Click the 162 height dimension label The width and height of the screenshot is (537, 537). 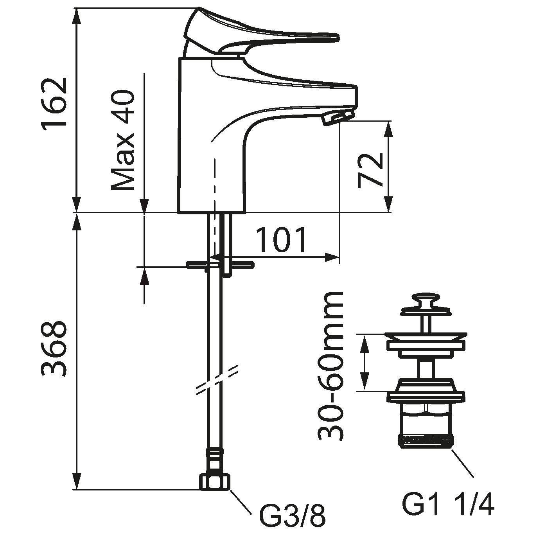(54, 104)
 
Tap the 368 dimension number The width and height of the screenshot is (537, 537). (54, 349)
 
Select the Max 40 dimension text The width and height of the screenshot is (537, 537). (123, 140)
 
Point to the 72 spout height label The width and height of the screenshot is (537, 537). (370, 171)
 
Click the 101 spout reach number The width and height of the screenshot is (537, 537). (281, 239)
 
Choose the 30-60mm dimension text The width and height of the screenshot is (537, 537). (330, 366)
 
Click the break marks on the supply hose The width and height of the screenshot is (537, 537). (217, 380)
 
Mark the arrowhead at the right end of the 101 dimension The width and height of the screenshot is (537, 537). (332, 257)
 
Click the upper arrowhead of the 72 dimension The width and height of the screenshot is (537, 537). (388, 129)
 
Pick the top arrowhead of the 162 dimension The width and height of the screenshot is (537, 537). (77, 16)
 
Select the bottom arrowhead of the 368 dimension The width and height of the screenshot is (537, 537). (77, 481)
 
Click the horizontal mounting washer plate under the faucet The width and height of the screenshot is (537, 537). (221, 264)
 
